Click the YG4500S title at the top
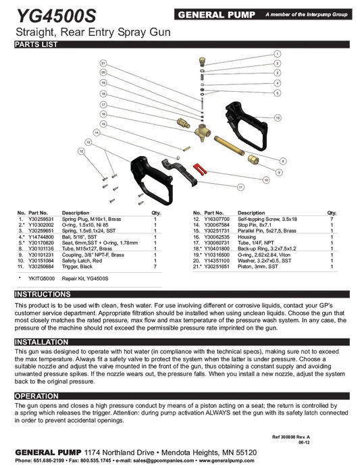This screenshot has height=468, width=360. pos(57,16)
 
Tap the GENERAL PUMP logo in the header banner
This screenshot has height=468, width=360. pos(216,15)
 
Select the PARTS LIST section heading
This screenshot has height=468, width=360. pos(36,45)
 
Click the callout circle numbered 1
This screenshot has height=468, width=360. pos(278,54)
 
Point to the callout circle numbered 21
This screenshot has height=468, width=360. pos(103,63)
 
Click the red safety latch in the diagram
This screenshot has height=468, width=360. pos(199,169)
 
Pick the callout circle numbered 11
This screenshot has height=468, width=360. pos(240,187)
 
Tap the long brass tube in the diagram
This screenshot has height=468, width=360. pos(229,145)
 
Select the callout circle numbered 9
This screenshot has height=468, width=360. pos(279,172)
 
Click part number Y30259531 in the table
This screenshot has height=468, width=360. pos(41,219)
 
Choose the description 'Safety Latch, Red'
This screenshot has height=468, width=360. pos(82,261)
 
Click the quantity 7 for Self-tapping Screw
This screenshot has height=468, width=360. pos(332,219)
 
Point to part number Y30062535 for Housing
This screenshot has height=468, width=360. pos(217,237)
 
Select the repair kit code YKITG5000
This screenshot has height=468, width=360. pos(41,278)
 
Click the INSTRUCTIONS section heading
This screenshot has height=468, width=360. pos(43,294)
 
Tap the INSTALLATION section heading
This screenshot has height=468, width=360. pos(41,342)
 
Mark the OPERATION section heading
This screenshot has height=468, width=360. pos(36,396)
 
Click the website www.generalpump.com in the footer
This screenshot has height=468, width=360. pos(226,461)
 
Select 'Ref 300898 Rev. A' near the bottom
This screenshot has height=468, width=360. pos(290,437)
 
